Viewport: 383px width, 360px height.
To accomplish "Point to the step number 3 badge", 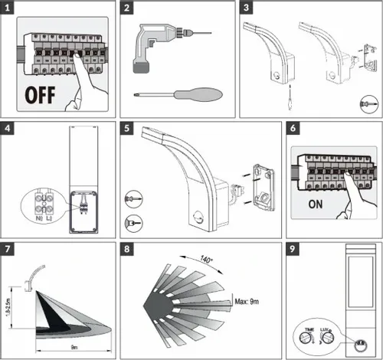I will point(247,10).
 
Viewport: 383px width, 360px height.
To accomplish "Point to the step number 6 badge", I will point(296,129).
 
